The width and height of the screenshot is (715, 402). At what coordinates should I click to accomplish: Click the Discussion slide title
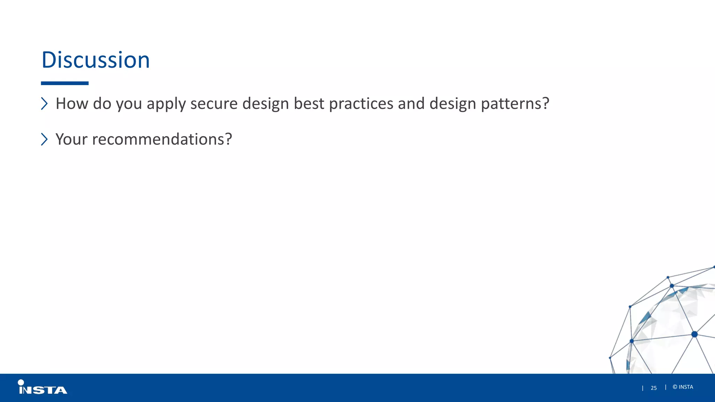[95, 60]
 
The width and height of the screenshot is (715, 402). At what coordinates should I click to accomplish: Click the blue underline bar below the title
[65, 83]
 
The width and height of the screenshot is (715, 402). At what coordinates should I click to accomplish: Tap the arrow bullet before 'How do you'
[44, 104]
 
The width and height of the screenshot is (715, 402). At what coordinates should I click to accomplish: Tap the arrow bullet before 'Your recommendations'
[44, 139]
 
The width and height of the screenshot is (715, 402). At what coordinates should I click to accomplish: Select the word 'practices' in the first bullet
[361, 104]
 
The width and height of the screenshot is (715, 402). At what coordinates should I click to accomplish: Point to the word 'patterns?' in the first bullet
[515, 104]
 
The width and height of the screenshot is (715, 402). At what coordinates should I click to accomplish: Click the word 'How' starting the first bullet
[72, 104]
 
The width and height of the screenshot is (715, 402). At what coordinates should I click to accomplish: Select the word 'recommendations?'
[162, 139]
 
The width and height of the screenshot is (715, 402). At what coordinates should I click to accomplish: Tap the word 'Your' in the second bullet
[71, 139]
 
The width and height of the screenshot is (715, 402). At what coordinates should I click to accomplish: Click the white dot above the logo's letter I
[21, 382]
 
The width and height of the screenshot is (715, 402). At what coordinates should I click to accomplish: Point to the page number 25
[654, 388]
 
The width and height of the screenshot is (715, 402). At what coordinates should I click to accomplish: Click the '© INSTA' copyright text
[683, 387]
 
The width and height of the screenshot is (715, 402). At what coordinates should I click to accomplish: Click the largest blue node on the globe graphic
[694, 334]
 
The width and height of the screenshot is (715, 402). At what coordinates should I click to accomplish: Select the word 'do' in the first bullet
[102, 104]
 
